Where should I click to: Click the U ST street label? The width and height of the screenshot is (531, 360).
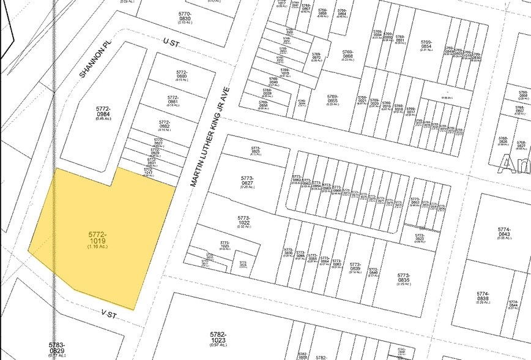click(x=169, y=41)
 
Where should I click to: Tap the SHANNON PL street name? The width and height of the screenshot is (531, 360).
click(x=89, y=62)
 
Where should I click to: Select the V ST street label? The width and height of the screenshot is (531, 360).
click(x=109, y=313)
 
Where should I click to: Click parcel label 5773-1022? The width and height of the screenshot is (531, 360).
click(x=244, y=220)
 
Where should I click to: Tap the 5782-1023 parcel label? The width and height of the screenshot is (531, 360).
click(x=218, y=337)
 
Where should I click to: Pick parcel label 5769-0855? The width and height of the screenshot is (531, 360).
click(x=333, y=99)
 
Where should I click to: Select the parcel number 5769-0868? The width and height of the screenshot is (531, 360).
click(x=348, y=54)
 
